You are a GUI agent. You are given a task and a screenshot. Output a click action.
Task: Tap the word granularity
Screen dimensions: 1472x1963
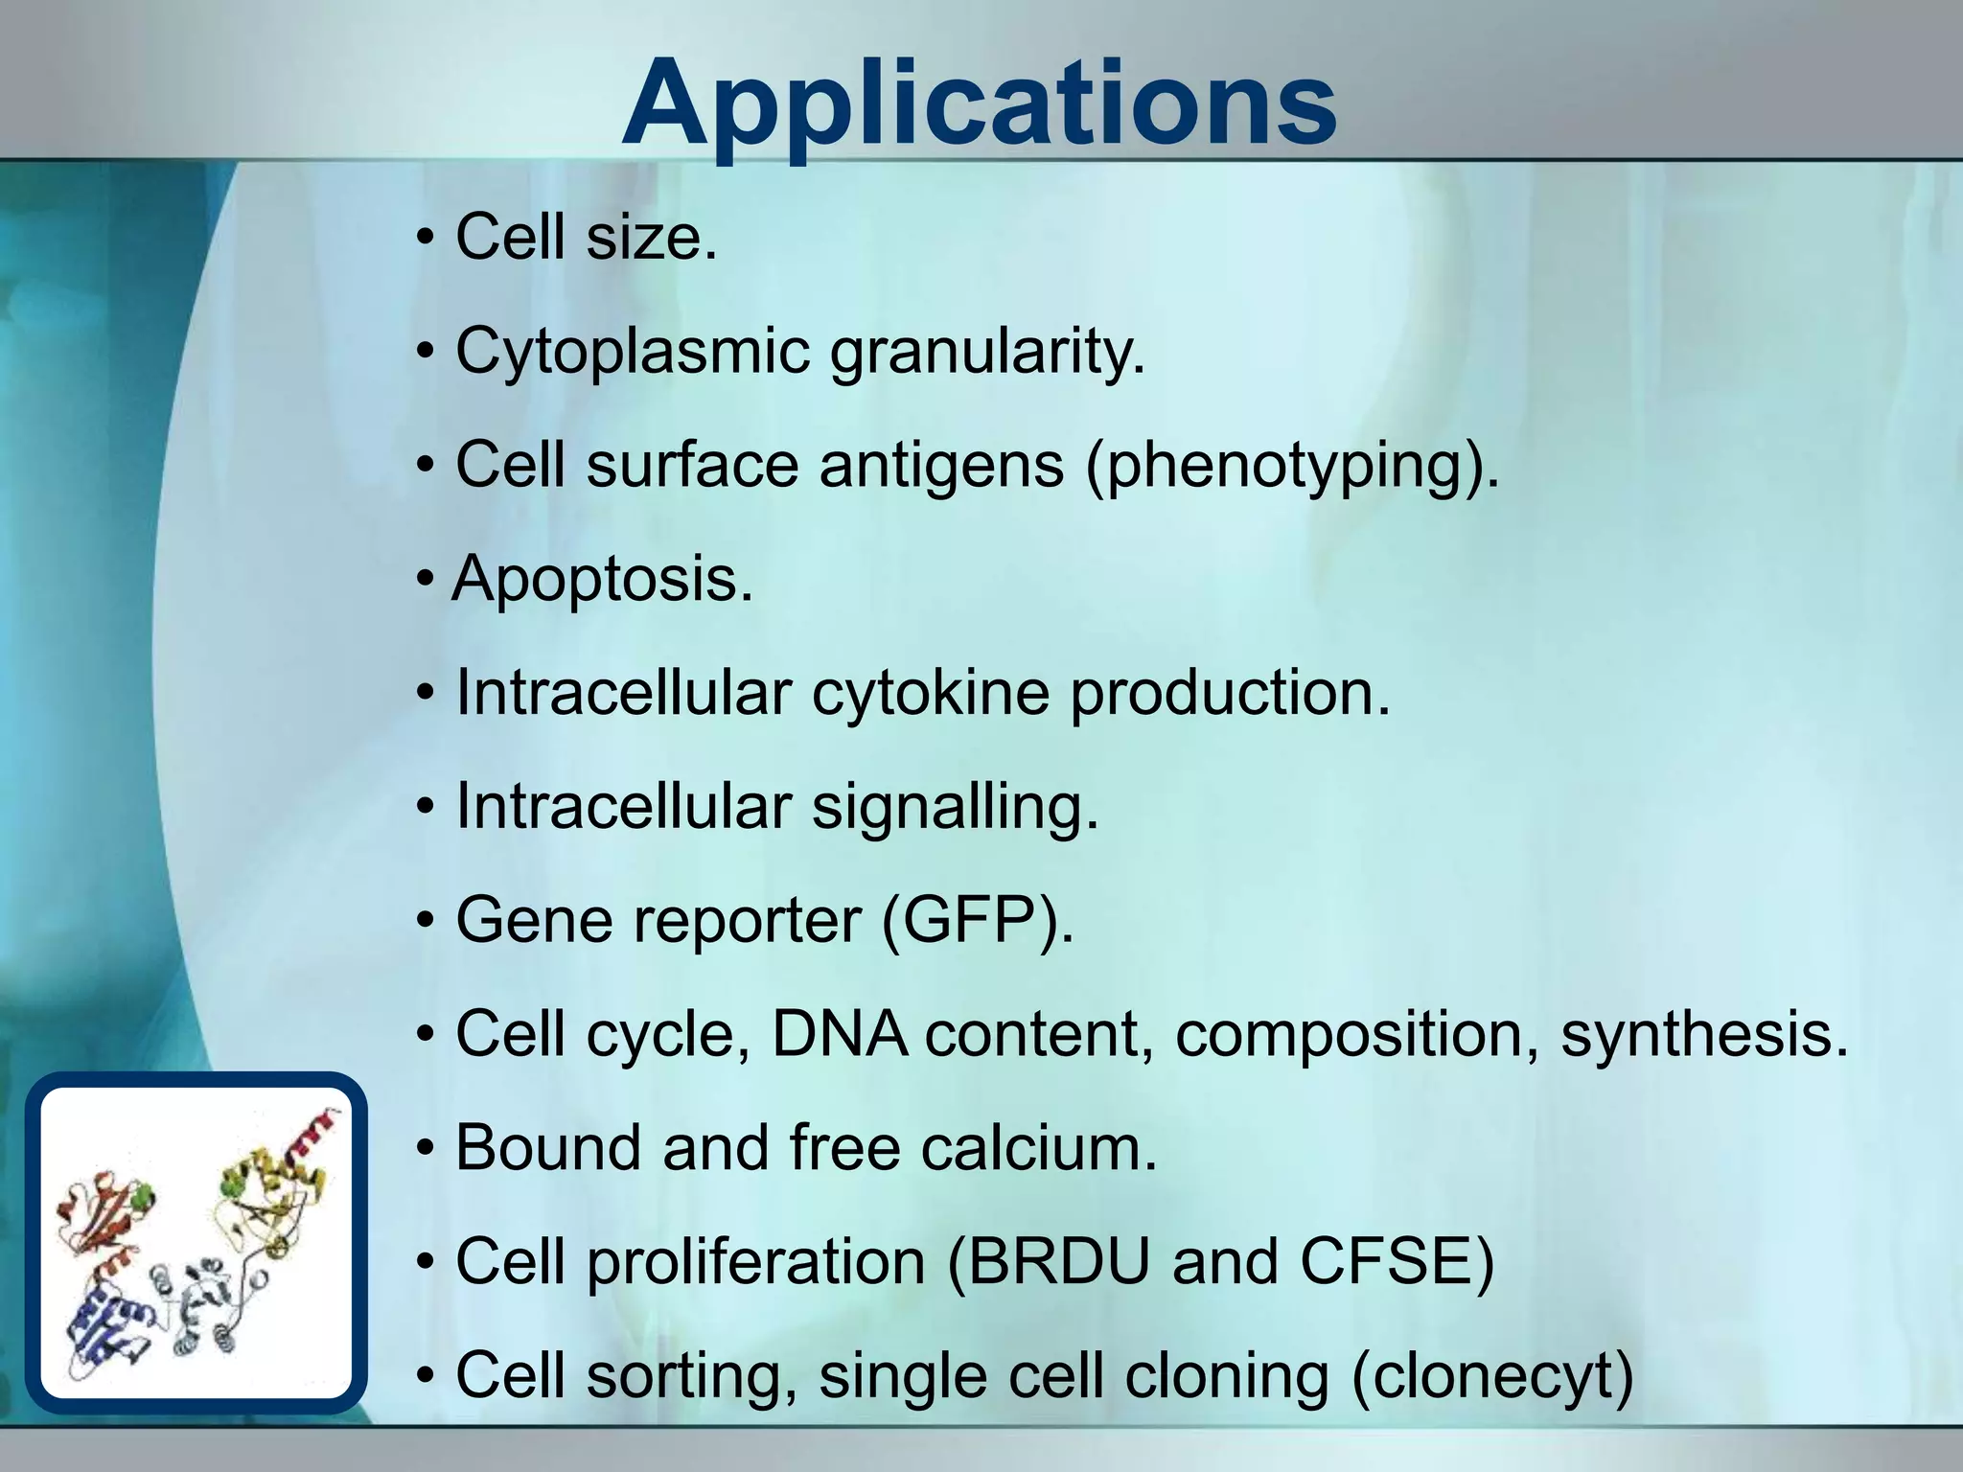pyautogui.click(x=987, y=352)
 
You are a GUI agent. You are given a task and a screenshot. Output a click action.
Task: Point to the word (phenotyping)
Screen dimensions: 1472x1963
pyautogui.click(x=1291, y=466)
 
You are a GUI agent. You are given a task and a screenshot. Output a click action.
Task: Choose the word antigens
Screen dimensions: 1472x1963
pyautogui.click(x=941, y=466)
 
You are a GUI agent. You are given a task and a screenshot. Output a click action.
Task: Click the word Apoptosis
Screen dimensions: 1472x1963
pyautogui.click(x=602, y=580)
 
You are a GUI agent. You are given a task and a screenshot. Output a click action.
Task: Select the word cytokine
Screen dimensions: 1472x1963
pyautogui.click(x=930, y=693)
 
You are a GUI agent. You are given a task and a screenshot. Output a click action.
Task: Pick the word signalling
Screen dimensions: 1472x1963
pyautogui.click(x=955, y=807)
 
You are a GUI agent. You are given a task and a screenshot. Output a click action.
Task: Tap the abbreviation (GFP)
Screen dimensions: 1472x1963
pyautogui.click(x=978, y=921)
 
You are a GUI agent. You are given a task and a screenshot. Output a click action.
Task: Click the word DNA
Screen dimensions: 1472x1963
pyautogui.click(x=840, y=1035)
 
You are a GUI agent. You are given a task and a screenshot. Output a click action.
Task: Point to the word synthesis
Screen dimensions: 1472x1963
pyautogui.click(x=1704, y=1035)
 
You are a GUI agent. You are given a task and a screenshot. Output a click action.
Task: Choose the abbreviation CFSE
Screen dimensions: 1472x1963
pyautogui.click(x=1396, y=1261)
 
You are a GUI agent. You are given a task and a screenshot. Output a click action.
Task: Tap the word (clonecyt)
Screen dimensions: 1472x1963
pyautogui.click(x=1491, y=1376)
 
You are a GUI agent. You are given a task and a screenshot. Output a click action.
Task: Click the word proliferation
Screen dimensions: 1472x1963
pyautogui.click(x=755, y=1261)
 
